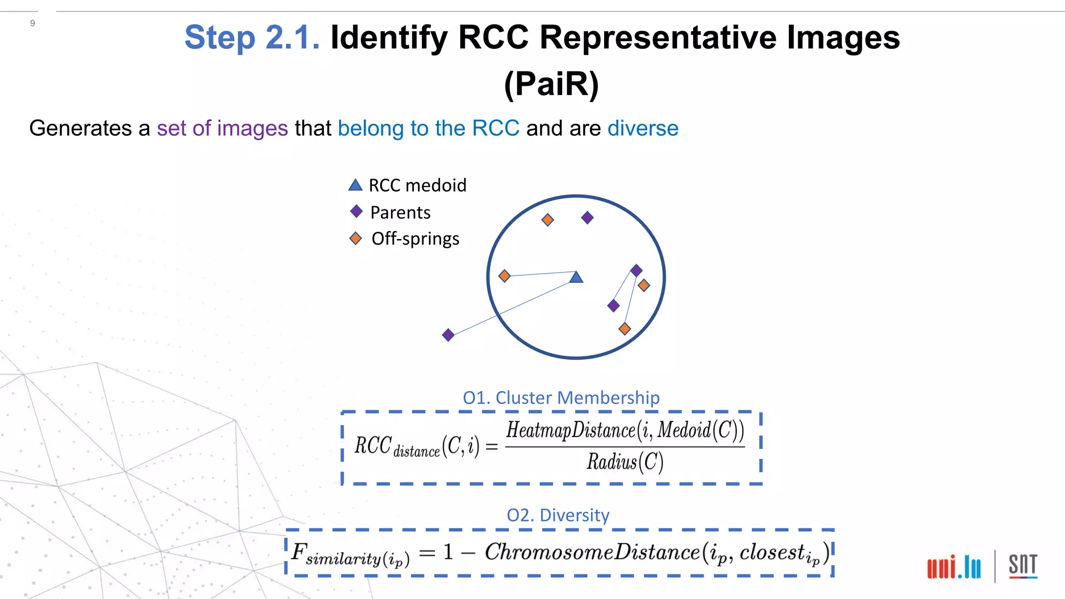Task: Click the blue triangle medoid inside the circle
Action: (x=576, y=277)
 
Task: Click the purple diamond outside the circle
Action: (x=448, y=335)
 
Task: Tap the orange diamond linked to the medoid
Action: (x=504, y=276)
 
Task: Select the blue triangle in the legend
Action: (x=355, y=185)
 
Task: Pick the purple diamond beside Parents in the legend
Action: (x=356, y=211)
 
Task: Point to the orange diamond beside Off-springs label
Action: (x=355, y=239)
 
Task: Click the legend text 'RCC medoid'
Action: (x=417, y=185)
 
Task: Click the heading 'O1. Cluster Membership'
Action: (x=561, y=397)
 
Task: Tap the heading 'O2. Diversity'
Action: (x=557, y=515)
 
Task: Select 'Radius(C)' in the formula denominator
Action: (x=625, y=462)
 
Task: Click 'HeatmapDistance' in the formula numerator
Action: (x=570, y=430)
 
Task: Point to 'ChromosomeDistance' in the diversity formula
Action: (x=592, y=552)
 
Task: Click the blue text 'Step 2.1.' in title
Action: (x=252, y=37)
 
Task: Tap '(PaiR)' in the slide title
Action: (x=551, y=84)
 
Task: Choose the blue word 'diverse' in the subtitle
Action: (x=643, y=128)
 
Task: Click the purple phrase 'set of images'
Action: (x=222, y=128)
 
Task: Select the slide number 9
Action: (x=33, y=23)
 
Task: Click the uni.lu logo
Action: (x=954, y=566)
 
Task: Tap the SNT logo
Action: (x=1022, y=566)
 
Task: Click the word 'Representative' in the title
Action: (x=658, y=37)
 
